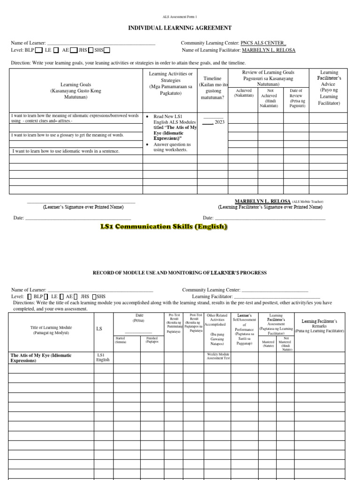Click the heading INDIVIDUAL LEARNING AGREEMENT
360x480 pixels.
(x=180, y=29)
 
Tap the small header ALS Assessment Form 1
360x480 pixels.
(x=180, y=16)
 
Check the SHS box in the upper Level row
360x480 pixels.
(x=107, y=50)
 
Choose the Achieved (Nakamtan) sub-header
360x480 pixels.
(x=244, y=93)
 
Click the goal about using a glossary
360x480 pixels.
(x=67, y=135)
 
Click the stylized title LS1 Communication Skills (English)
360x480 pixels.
(x=164, y=227)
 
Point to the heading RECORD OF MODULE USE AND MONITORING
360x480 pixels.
(x=180, y=272)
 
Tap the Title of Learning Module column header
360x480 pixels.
(x=51, y=330)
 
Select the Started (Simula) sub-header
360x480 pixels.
(x=120, y=340)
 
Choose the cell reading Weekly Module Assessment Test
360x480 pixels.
(x=218, y=356)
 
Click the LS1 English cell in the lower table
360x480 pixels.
(x=103, y=358)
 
